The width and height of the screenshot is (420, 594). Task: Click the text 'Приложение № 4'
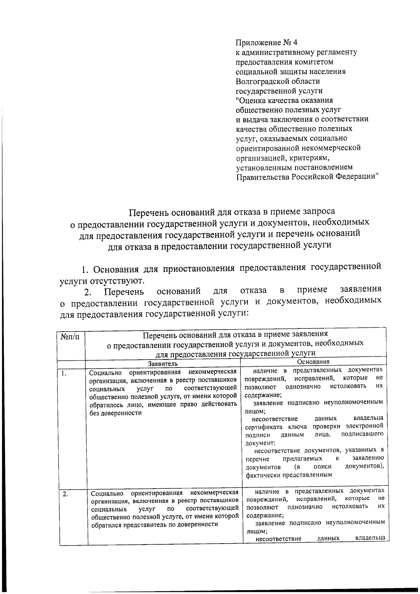(x=266, y=43)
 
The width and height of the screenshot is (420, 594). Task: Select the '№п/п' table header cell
(x=70, y=337)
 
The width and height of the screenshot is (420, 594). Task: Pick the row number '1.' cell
(x=64, y=373)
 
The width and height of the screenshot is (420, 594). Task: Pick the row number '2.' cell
(x=65, y=494)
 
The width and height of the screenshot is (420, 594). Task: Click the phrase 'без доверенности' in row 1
(x=115, y=413)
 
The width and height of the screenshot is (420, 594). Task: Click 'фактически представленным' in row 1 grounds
(x=288, y=475)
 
